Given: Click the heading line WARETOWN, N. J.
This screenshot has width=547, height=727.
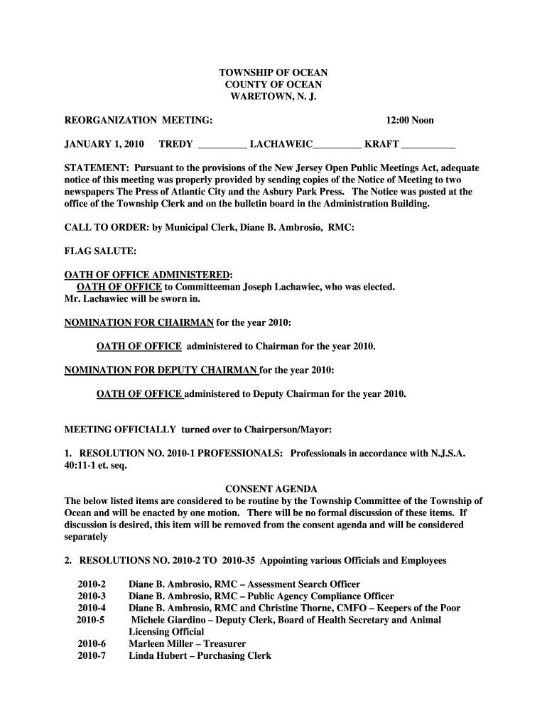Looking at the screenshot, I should pyautogui.click(x=273, y=97).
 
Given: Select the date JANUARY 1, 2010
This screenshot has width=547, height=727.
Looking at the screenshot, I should pyautogui.click(x=104, y=144).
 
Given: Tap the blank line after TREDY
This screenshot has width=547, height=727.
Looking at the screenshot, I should pyautogui.click(x=222, y=146).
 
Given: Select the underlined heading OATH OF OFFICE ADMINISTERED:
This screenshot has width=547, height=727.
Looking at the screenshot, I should pyautogui.click(x=148, y=275).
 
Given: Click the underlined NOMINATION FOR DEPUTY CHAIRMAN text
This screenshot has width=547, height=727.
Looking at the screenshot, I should pyautogui.click(x=161, y=370).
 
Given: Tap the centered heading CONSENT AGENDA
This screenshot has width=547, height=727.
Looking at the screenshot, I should pyautogui.click(x=271, y=489).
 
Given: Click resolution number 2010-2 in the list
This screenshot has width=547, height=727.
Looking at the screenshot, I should pyautogui.click(x=92, y=584).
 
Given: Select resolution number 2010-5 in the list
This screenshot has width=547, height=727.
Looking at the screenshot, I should pyautogui.click(x=90, y=620).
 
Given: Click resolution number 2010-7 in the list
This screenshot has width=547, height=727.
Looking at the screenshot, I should pyautogui.click(x=92, y=656).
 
